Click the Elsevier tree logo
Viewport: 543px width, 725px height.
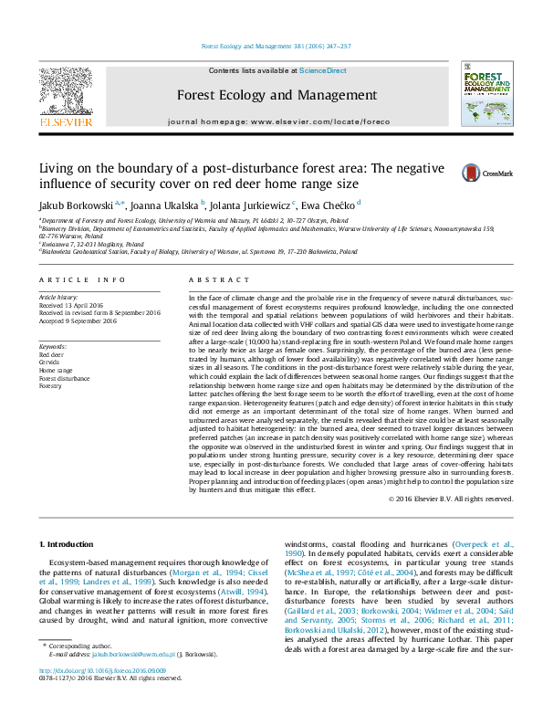(66, 91)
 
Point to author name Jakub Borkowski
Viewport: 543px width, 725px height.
(68, 205)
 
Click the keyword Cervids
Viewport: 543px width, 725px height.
(50, 362)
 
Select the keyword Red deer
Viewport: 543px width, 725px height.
(51, 354)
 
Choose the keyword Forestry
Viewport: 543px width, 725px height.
(51, 386)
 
